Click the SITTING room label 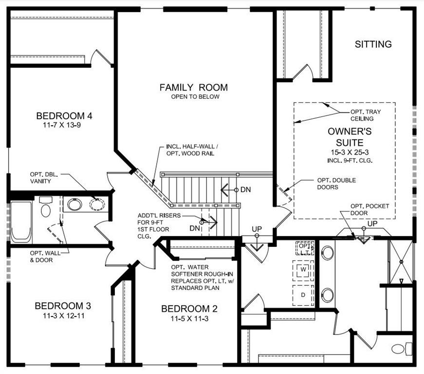tap(373, 44)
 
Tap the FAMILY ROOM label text tap(193, 88)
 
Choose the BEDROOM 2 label tap(189, 309)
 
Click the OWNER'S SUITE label tap(350, 137)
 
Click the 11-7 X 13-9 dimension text tap(64, 126)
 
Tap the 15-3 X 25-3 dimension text tap(350, 152)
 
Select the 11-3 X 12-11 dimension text tap(63, 316)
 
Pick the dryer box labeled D tap(302, 295)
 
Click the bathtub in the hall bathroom tap(21, 222)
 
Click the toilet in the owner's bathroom tap(400, 349)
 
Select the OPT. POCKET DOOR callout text tap(369, 210)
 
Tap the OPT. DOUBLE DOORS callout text tap(336, 184)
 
